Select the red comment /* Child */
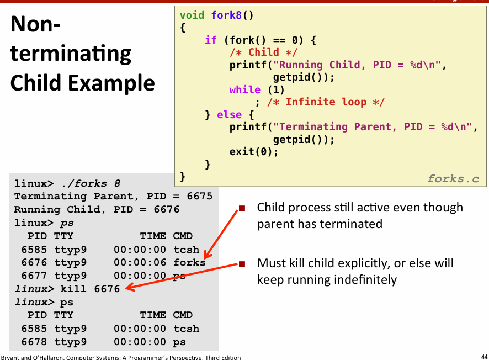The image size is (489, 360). (263, 52)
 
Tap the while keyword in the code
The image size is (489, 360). (245, 89)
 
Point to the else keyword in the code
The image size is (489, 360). (229, 114)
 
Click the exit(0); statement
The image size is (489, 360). (254, 152)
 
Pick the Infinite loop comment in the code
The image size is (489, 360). (326, 102)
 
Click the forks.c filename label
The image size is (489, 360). (453, 179)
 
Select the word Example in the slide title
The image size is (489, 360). (111, 83)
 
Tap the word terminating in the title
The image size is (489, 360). (71, 54)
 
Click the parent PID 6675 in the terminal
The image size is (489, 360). (200, 196)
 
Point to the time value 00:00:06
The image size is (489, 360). (140, 262)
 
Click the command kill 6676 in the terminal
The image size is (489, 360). (90, 289)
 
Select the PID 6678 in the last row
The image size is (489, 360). (34, 342)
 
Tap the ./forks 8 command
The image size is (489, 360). (91, 183)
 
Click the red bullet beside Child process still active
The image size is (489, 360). (242, 208)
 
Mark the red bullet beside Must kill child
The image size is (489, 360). (242, 264)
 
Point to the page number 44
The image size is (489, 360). (485, 357)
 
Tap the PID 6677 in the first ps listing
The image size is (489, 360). (34, 276)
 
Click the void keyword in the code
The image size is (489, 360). (192, 15)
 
